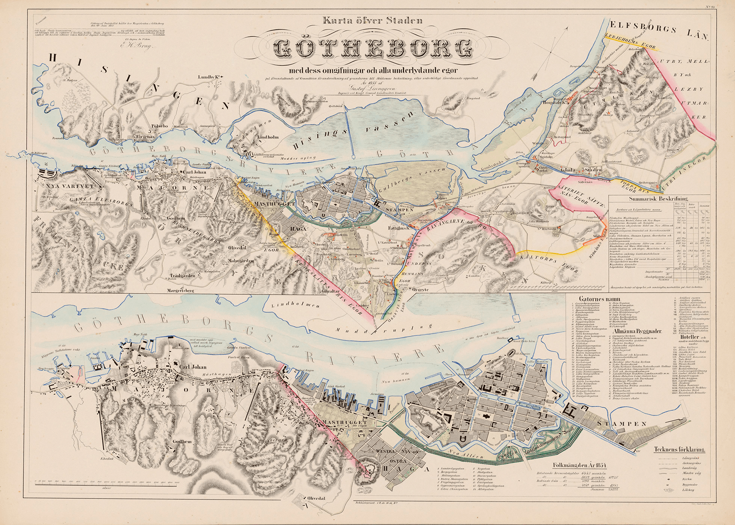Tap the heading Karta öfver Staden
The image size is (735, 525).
372,20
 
